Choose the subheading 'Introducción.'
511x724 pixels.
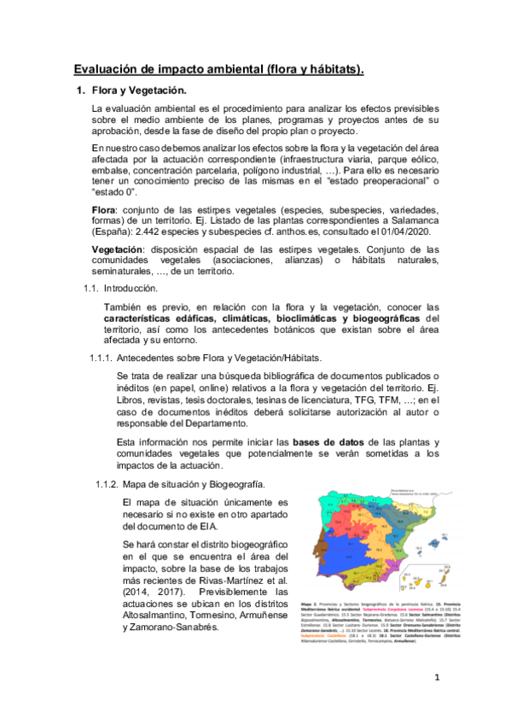[132, 289]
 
